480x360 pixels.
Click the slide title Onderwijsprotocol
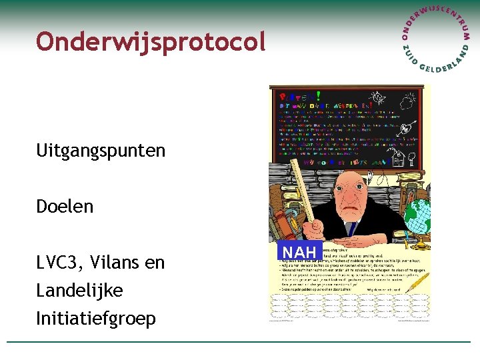[x=151, y=41]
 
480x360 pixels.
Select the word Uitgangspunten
[x=101, y=150]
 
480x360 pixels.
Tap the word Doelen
[x=65, y=206]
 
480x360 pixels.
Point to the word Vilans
[x=121, y=263]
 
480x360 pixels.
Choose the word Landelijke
[x=79, y=291]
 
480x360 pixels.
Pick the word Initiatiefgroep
[x=96, y=319]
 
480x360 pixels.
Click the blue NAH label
[x=299, y=252]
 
